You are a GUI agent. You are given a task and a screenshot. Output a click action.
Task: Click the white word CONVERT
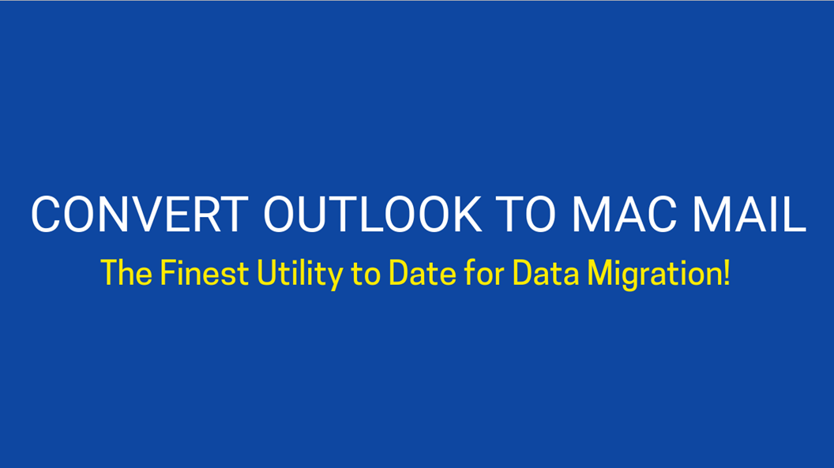tap(140, 214)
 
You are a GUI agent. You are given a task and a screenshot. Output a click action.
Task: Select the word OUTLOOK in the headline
tap(372, 214)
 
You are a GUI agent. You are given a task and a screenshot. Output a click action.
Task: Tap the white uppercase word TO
tap(525, 214)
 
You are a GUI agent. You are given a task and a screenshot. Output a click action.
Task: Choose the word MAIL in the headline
tap(749, 214)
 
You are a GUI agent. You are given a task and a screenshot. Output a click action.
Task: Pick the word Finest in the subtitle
tap(205, 273)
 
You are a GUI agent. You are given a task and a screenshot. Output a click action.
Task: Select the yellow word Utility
tap(299, 275)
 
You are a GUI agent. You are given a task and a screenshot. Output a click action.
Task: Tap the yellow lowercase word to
tap(366, 275)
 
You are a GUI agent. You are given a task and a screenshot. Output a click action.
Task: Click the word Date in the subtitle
tap(423, 273)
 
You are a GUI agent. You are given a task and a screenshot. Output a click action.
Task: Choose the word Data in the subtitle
tap(546, 273)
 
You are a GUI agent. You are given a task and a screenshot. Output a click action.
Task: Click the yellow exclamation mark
tap(727, 273)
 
